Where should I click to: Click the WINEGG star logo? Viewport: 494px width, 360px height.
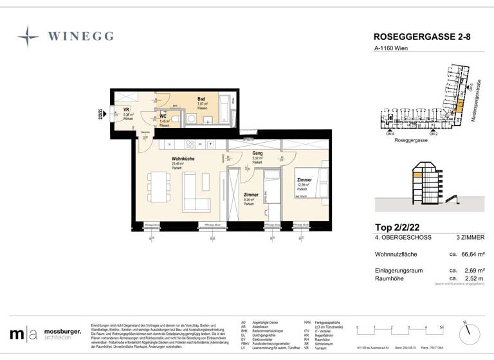pos(28,37)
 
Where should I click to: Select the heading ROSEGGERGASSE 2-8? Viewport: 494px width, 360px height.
pos(421,37)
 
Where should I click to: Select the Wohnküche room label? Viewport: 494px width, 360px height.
pos(183,159)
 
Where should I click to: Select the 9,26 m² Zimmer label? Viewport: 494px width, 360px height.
pos(251,195)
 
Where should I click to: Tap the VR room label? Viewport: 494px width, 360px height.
pos(127,110)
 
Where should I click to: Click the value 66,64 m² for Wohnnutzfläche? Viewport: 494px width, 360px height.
pos(472,254)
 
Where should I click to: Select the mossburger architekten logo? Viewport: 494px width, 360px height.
pos(45,334)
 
